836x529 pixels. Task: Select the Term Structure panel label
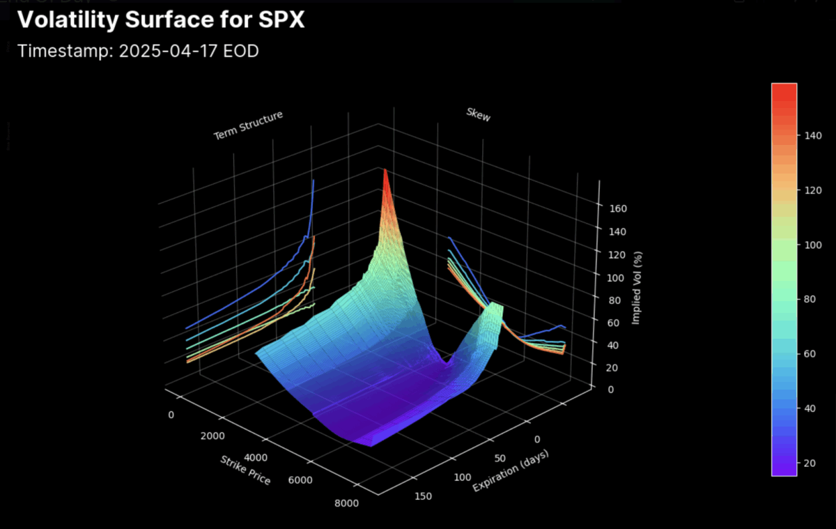248,125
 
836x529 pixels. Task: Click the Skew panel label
478,115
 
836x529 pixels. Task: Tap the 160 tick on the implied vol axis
618,209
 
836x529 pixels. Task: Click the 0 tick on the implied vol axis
610,389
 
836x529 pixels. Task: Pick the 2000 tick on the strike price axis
212,436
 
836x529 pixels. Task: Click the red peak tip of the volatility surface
385,171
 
